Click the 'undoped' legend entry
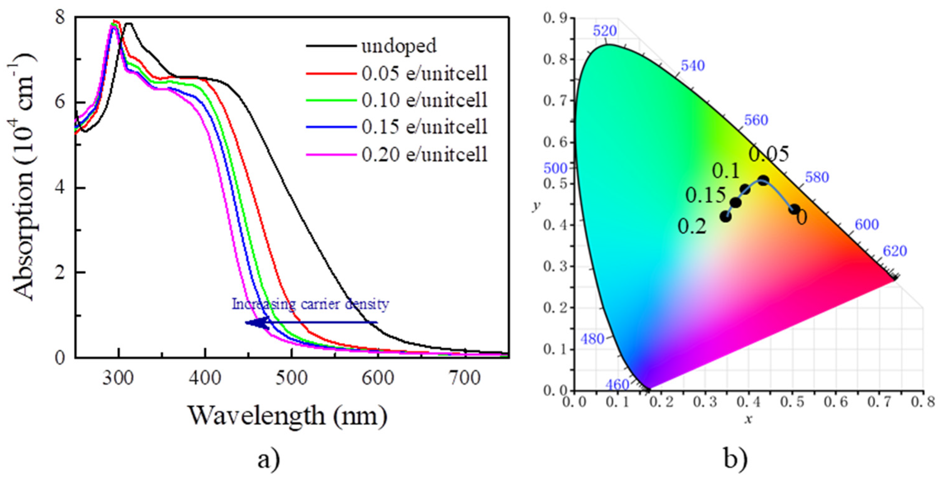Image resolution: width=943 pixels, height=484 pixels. point(399,46)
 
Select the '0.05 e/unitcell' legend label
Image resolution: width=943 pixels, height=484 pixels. point(425,73)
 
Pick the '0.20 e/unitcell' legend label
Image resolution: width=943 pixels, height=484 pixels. point(425,154)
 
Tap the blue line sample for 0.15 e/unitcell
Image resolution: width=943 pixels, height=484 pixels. point(331,127)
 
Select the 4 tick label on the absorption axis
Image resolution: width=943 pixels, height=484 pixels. point(60,188)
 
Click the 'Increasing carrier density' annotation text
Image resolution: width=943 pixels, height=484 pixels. point(310,304)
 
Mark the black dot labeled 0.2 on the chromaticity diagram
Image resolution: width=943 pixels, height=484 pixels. point(725,216)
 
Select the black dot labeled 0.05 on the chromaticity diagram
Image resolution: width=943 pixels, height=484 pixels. point(763,180)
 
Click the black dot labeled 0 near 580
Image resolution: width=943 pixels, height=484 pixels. point(794,209)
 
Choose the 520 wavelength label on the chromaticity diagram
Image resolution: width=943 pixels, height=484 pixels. point(605,31)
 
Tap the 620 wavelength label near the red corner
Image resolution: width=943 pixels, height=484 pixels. point(895,251)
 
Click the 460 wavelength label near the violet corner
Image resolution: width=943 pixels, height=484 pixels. point(617,385)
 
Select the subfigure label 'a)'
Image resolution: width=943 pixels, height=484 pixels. point(269,459)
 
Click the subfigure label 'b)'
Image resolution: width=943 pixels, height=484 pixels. point(736,459)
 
